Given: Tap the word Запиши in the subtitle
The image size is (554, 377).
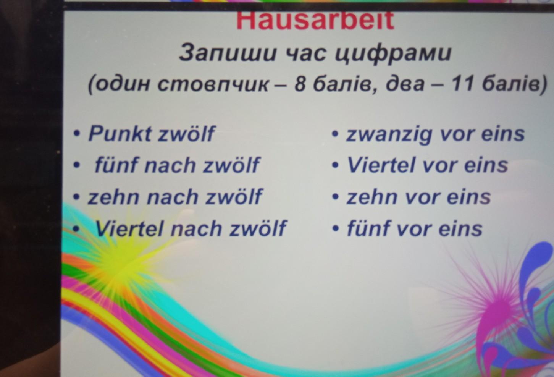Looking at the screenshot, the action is [x=227, y=53].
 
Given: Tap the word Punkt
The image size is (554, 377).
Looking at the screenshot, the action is [x=120, y=134].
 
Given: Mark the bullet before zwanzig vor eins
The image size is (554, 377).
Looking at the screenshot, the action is [x=335, y=134].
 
